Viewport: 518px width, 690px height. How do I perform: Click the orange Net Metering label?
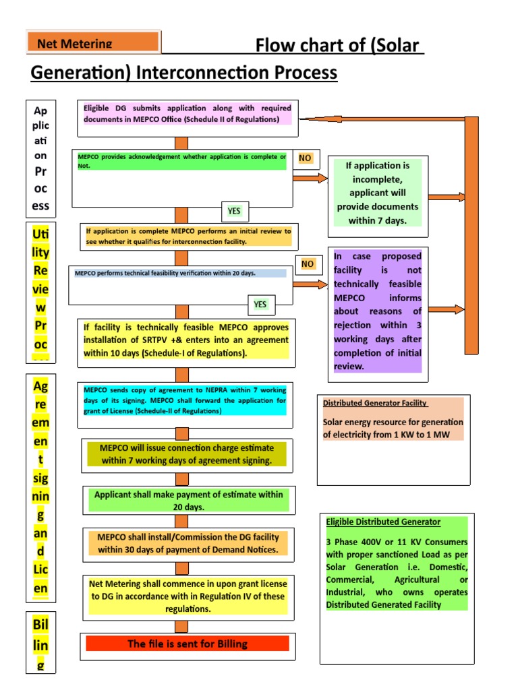click(93, 42)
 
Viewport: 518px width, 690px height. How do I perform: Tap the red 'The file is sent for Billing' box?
click(188, 644)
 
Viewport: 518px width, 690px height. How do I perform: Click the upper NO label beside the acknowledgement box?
click(306, 158)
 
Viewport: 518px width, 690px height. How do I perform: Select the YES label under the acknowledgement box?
click(234, 211)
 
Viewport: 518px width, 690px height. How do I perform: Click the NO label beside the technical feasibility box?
click(308, 263)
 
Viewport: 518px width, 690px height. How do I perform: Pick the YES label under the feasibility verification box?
click(260, 304)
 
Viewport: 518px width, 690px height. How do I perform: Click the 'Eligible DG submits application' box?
click(188, 113)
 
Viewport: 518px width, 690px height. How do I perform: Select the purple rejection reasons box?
click(378, 311)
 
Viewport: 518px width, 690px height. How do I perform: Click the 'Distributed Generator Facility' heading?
click(374, 403)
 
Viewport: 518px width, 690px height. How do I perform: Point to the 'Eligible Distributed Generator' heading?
click(383, 522)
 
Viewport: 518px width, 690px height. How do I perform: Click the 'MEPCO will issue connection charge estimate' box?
click(186, 454)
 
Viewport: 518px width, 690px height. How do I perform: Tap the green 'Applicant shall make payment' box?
click(189, 500)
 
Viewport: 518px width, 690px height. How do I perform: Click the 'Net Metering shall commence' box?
click(188, 596)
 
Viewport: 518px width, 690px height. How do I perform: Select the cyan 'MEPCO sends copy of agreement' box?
click(185, 400)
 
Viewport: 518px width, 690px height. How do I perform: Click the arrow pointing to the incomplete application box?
click(311, 178)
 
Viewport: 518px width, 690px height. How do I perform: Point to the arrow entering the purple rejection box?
click(311, 284)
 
